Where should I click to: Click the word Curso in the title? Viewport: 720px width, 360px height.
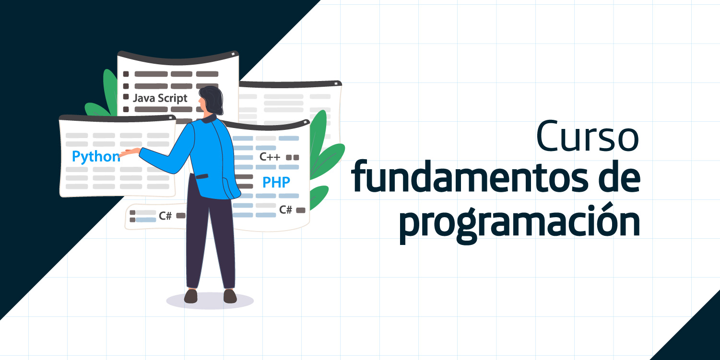tap(588, 136)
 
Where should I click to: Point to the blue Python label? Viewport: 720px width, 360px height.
tap(96, 157)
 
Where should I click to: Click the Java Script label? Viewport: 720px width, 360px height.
tap(160, 98)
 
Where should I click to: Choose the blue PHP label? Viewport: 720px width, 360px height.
tap(276, 182)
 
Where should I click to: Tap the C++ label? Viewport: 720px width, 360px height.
tap(270, 157)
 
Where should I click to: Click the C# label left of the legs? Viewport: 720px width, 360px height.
tap(165, 216)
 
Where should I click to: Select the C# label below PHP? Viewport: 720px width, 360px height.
tap(285, 209)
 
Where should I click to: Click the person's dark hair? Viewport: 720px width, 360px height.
tap(212, 100)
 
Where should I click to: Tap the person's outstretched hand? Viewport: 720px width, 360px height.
tap(130, 151)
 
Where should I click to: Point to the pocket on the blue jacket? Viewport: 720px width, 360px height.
tap(202, 176)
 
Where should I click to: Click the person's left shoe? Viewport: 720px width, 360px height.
tap(190, 296)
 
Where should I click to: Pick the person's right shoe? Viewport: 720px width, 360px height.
tap(230, 296)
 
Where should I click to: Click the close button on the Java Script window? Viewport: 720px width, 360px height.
tap(233, 54)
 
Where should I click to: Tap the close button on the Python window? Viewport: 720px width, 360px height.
tap(170, 118)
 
